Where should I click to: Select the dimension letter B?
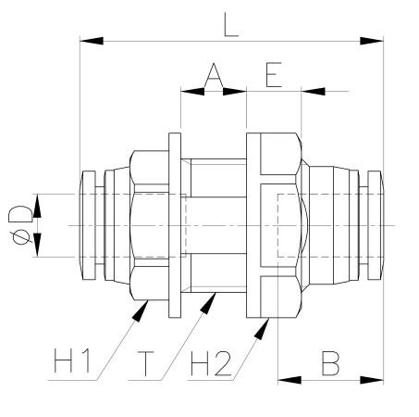(330, 361)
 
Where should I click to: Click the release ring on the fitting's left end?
(90, 226)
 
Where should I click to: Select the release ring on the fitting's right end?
(375, 226)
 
